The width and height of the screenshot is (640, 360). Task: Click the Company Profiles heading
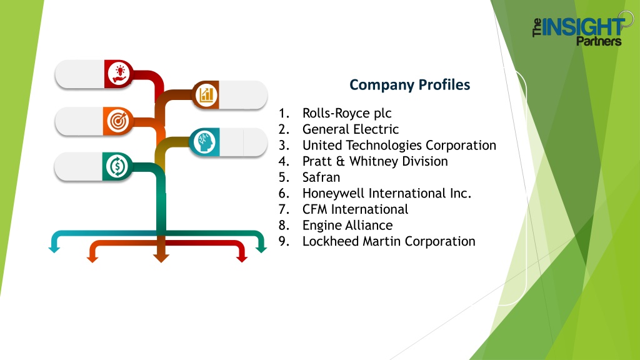[410, 85]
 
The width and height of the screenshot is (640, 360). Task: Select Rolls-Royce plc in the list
[347, 113]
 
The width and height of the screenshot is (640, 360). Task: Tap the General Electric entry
[351, 129]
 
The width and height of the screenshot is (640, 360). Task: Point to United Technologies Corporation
[399, 145]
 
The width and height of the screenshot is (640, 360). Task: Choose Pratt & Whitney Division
[375, 161]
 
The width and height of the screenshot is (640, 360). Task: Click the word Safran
[321, 177]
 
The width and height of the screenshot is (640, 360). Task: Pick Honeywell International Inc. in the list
[387, 193]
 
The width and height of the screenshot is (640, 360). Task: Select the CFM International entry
[355, 209]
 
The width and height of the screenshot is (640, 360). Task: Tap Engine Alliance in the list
[347, 225]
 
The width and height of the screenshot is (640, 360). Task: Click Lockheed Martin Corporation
[389, 241]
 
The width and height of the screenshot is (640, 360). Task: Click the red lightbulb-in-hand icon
[119, 74]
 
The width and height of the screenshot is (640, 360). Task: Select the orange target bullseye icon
[118, 121]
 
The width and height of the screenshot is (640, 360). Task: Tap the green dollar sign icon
[117, 166]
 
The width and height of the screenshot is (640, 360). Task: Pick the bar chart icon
[206, 95]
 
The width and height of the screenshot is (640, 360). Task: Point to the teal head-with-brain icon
[204, 142]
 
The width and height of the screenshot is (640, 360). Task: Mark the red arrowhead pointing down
[242, 259]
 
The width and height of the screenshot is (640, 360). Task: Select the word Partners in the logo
[599, 41]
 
